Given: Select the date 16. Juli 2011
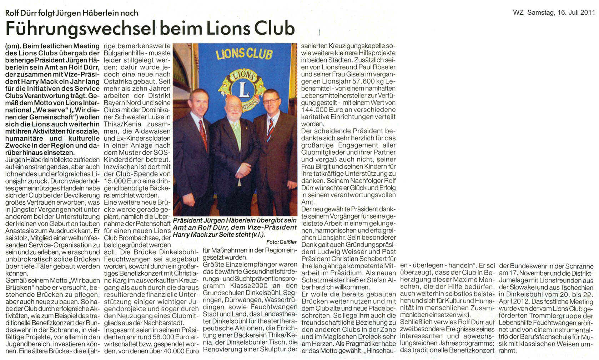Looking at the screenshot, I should [575, 12].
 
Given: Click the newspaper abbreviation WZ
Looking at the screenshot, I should [518, 12].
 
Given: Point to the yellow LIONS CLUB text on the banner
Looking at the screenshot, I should [244, 54].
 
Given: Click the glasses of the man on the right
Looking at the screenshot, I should [271, 101].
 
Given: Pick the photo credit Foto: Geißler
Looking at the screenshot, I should [281, 242].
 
